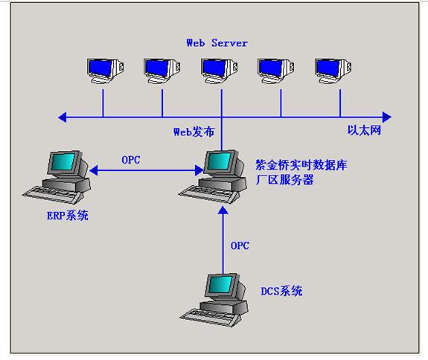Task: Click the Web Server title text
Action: tap(217, 43)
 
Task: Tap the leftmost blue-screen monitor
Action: tap(106, 71)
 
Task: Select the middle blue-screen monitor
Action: tap(219, 71)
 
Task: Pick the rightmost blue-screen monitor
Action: tap(333, 71)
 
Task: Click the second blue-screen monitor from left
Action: tap(162, 71)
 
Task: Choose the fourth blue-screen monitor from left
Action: tap(276, 71)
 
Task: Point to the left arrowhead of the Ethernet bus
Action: tap(63, 118)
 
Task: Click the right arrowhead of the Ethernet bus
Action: tap(387, 118)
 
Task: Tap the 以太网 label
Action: tap(364, 130)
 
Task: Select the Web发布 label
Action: tap(194, 132)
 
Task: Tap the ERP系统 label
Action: tap(68, 216)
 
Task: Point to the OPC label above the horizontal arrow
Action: tap(131, 160)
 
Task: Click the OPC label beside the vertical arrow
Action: tap(240, 245)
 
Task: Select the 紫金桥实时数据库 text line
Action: tap(301, 165)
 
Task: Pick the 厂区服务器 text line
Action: tap(284, 180)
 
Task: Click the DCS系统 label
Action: tap(281, 291)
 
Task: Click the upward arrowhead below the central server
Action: tap(223, 210)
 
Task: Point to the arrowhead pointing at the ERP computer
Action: tap(94, 170)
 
